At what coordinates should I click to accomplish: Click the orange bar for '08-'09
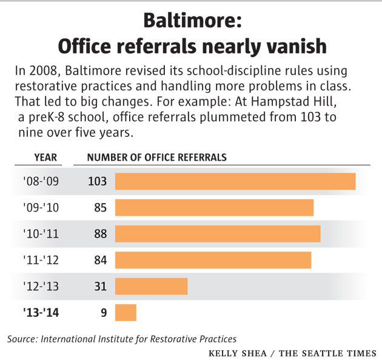[235, 181]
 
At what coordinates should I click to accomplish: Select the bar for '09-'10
[214, 207]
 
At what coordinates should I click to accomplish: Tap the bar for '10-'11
[218, 233]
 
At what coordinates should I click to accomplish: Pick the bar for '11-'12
[213, 260]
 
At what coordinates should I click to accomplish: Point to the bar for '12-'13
[151, 286]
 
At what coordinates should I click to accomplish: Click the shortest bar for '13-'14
[126, 313]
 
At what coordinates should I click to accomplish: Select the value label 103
[97, 181]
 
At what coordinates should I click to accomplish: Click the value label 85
[100, 207]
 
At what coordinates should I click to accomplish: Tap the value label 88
[100, 234]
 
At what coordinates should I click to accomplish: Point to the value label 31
[100, 286]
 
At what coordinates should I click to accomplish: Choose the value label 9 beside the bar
[103, 313]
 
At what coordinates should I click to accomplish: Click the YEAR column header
[45, 158]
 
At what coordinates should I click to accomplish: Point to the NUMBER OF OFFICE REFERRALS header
[157, 158]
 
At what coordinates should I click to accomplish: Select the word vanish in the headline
[292, 46]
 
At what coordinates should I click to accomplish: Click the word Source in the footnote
[22, 339]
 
